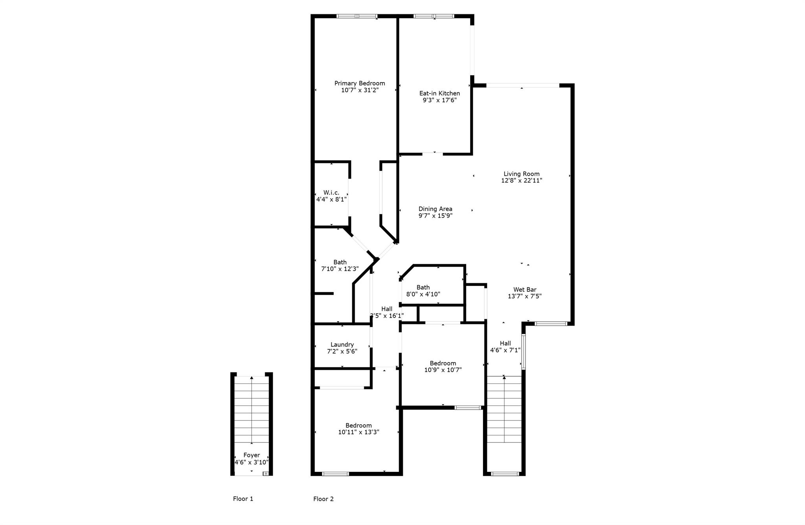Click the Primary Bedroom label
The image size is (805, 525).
pos(359,83)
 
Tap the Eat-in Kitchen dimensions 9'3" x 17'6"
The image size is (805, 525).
pos(439,100)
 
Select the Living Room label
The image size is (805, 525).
pos(522,173)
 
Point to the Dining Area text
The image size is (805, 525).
pos(435,209)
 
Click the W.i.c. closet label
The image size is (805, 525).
pos(331,192)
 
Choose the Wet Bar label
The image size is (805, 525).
pos(525,289)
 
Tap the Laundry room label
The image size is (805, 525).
pos(342,344)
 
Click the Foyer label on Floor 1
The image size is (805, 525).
pos(252,455)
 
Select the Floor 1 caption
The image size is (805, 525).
pos(243,499)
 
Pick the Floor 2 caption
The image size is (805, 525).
pos(323,499)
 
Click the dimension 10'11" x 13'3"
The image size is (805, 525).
pos(358,432)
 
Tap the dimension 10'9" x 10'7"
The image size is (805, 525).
pos(443,370)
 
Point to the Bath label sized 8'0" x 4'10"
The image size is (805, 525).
pos(423,287)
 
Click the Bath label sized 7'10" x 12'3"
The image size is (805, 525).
pos(340,262)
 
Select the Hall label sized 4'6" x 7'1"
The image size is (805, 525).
pos(505,343)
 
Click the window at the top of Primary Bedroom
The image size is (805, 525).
pos(357,16)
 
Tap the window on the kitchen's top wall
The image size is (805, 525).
pos(434,16)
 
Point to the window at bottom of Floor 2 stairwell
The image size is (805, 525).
pos(505,473)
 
